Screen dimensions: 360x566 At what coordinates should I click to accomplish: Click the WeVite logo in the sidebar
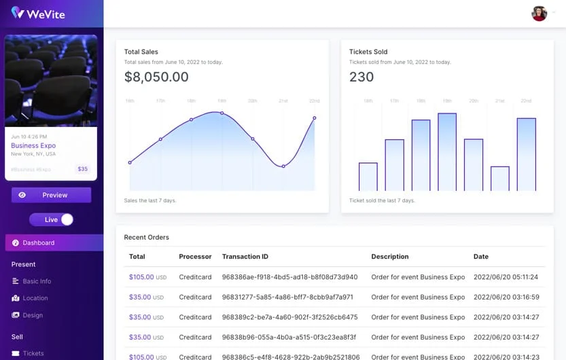coord(38,13)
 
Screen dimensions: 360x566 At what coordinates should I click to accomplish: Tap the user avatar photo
coord(539,14)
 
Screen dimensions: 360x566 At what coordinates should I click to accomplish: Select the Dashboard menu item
coord(38,242)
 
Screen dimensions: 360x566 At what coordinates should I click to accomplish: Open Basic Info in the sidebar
coord(37,281)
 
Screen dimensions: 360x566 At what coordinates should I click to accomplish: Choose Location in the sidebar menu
coord(35,298)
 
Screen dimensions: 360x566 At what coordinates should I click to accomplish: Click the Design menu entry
coord(33,315)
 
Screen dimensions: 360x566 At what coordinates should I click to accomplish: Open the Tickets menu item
coord(33,353)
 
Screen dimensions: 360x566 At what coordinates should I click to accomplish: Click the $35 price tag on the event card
coord(82,169)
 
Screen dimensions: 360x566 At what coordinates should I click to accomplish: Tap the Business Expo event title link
coord(33,145)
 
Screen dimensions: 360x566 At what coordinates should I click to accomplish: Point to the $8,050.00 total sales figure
coord(156,77)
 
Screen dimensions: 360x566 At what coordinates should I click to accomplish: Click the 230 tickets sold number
coord(361,77)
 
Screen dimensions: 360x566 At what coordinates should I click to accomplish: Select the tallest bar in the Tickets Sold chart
coord(447,151)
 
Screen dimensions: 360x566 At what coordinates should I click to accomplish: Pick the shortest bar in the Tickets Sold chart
coord(500,178)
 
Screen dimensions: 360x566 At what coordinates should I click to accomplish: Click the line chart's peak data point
coord(222,113)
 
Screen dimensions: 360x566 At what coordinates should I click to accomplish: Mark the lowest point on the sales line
coord(283,166)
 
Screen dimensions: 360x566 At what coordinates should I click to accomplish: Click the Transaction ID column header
coord(245,257)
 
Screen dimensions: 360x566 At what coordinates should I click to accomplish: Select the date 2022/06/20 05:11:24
coord(506,277)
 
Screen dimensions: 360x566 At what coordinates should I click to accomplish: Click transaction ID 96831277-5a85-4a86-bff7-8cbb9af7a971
coord(287,297)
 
